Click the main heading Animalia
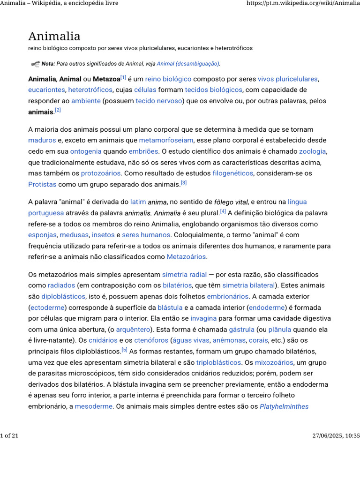(x=54, y=36)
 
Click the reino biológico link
(x=168, y=79)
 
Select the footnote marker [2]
(x=58, y=110)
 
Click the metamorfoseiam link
(x=165, y=140)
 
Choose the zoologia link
(x=313, y=151)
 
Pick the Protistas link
(x=42, y=184)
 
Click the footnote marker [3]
(x=184, y=183)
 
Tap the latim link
(x=138, y=202)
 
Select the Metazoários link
(x=187, y=257)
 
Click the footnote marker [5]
(x=124, y=350)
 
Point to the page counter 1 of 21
(x=9, y=436)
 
